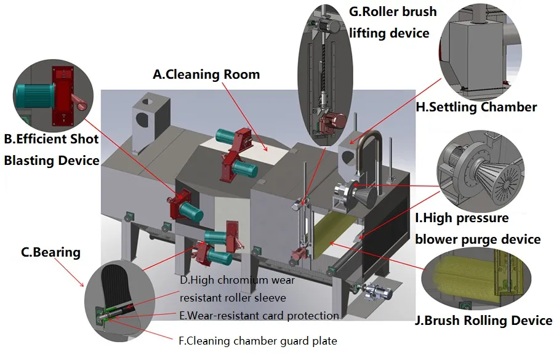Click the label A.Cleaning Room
click(x=206, y=74)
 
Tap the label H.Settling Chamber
click(x=476, y=107)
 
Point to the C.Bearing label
click(x=50, y=252)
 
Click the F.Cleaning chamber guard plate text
click(x=259, y=340)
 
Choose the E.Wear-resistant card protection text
click(x=259, y=316)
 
